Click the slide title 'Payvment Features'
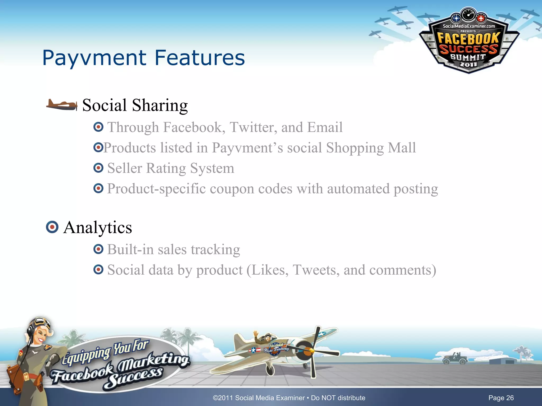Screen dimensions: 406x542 tap(143, 58)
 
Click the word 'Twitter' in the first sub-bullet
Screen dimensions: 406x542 tap(253, 127)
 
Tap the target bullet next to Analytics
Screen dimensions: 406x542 tap(52, 227)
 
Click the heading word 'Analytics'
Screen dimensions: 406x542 tap(98, 228)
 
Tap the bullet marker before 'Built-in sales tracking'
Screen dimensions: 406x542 tap(98, 249)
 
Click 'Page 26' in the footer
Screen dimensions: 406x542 tap(501, 398)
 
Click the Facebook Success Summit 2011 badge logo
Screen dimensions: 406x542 tap(468, 42)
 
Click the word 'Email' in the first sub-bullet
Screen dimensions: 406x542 tap(325, 127)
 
